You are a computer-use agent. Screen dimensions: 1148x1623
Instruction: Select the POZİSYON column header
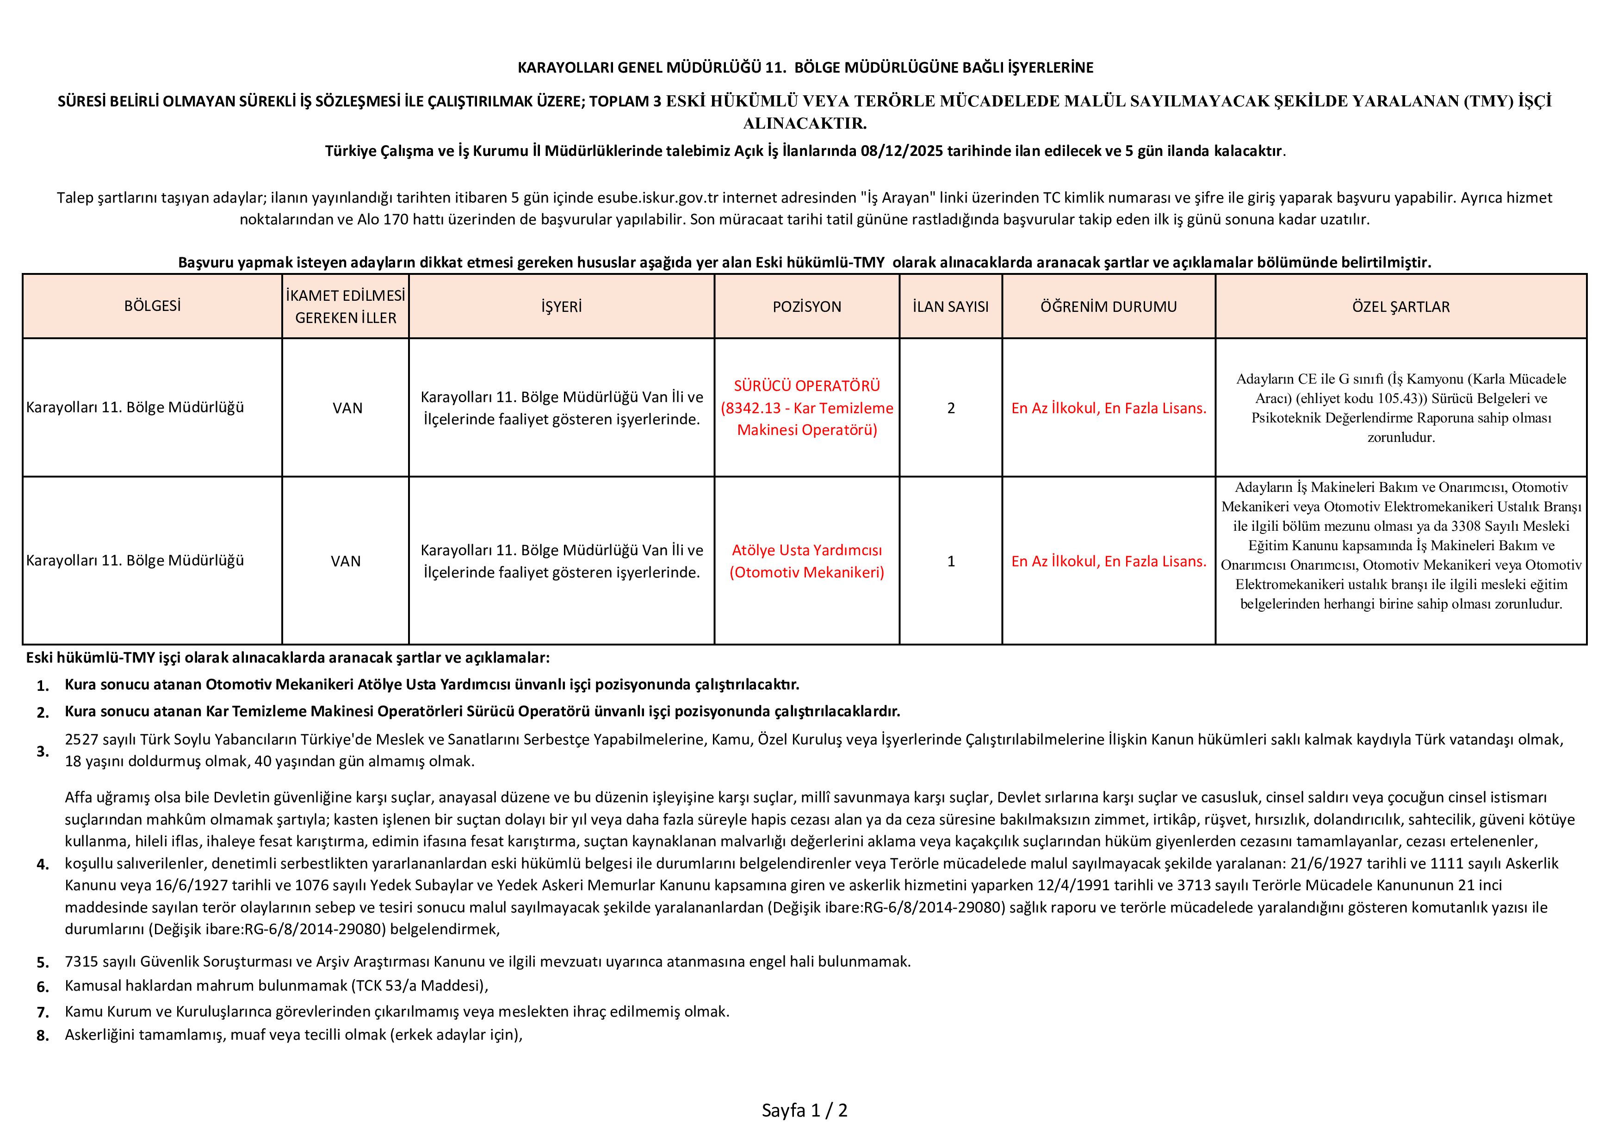pos(806,307)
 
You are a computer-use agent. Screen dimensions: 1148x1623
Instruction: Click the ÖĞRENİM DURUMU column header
pos(1109,307)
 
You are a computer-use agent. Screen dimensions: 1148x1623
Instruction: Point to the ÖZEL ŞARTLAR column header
pos(1400,307)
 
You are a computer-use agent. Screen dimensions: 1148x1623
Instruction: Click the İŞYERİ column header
pos(561,307)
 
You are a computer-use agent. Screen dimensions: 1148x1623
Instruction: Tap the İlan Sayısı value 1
pos(951,561)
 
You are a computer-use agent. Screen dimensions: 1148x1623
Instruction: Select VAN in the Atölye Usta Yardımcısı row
pos(346,561)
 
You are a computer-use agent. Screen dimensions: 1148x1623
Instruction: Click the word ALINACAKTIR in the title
pos(805,124)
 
